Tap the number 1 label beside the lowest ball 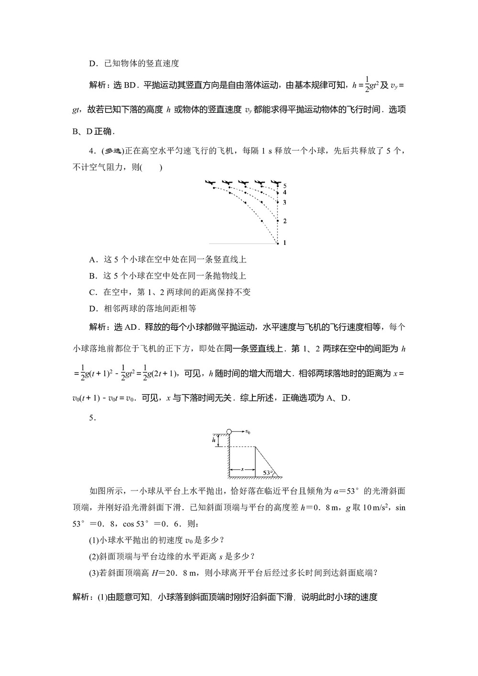click(284, 243)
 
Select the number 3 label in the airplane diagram click(284, 203)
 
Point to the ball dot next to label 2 click(278, 221)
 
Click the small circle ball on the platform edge click(229, 432)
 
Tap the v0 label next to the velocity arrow click(248, 432)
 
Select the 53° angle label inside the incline click(268, 473)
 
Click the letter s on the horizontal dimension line click(242, 470)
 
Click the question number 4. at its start click(93, 151)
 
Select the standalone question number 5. click(93, 418)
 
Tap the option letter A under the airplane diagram click(93, 260)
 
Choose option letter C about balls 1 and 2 click(93, 292)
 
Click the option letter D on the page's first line click(93, 63)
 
